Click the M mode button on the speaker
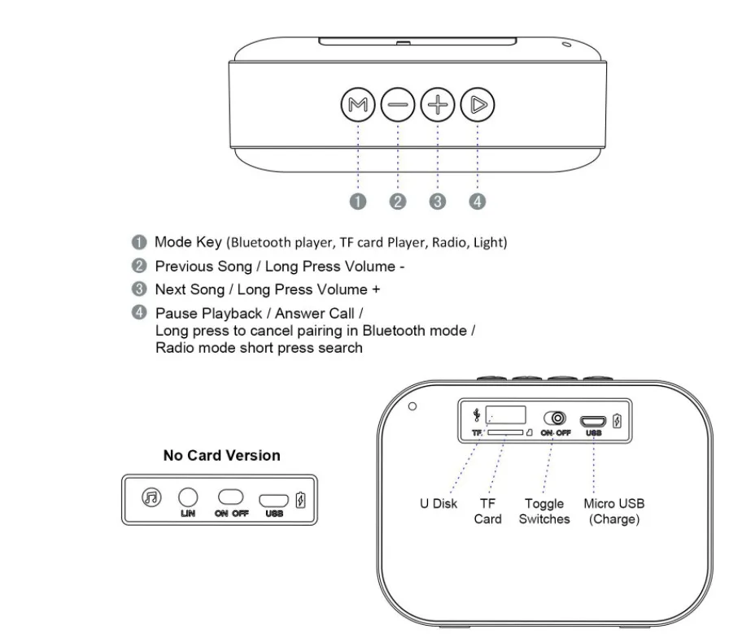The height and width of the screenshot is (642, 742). [357, 104]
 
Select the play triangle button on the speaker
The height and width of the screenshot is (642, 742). [478, 104]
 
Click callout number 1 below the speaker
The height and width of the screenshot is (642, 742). [358, 202]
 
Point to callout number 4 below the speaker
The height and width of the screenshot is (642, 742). [478, 202]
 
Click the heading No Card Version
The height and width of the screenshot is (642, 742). [221, 455]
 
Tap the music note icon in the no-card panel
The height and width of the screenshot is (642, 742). [151, 497]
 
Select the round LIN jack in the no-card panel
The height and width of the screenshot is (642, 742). [188, 497]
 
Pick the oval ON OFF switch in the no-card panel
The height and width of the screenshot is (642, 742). [231, 497]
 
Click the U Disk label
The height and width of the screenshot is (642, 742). [439, 504]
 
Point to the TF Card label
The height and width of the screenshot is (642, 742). [487, 511]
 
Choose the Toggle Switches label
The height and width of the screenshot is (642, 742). [544, 511]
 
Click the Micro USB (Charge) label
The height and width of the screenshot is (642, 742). [613, 511]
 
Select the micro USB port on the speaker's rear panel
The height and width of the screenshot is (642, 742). [593, 420]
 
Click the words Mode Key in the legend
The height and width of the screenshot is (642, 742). [189, 242]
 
